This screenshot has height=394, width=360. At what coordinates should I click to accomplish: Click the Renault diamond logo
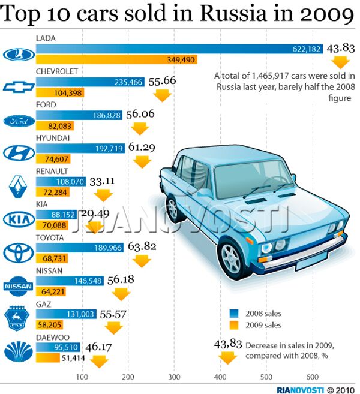click(18, 187)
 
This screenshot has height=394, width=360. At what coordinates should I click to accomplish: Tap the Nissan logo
click(18, 286)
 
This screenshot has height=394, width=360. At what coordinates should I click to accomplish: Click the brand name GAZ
click(43, 304)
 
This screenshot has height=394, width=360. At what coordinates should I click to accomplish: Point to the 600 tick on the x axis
click(312, 377)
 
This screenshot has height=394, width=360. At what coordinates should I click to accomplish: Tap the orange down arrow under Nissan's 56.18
click(121, 294)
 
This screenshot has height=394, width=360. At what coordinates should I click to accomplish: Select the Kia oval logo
click(18, 219)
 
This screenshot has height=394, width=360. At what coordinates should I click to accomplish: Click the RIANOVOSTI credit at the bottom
click(298, 388)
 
